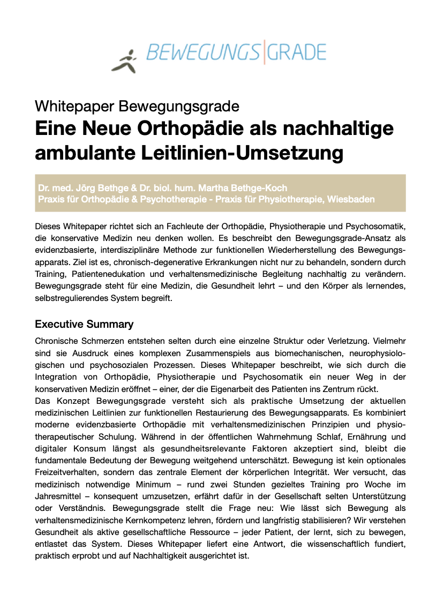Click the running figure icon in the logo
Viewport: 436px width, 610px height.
125,60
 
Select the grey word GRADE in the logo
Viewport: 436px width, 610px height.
296,52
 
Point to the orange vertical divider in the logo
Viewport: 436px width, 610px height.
264,52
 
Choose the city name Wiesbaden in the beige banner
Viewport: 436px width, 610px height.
351,199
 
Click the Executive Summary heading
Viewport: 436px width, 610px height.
84,325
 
